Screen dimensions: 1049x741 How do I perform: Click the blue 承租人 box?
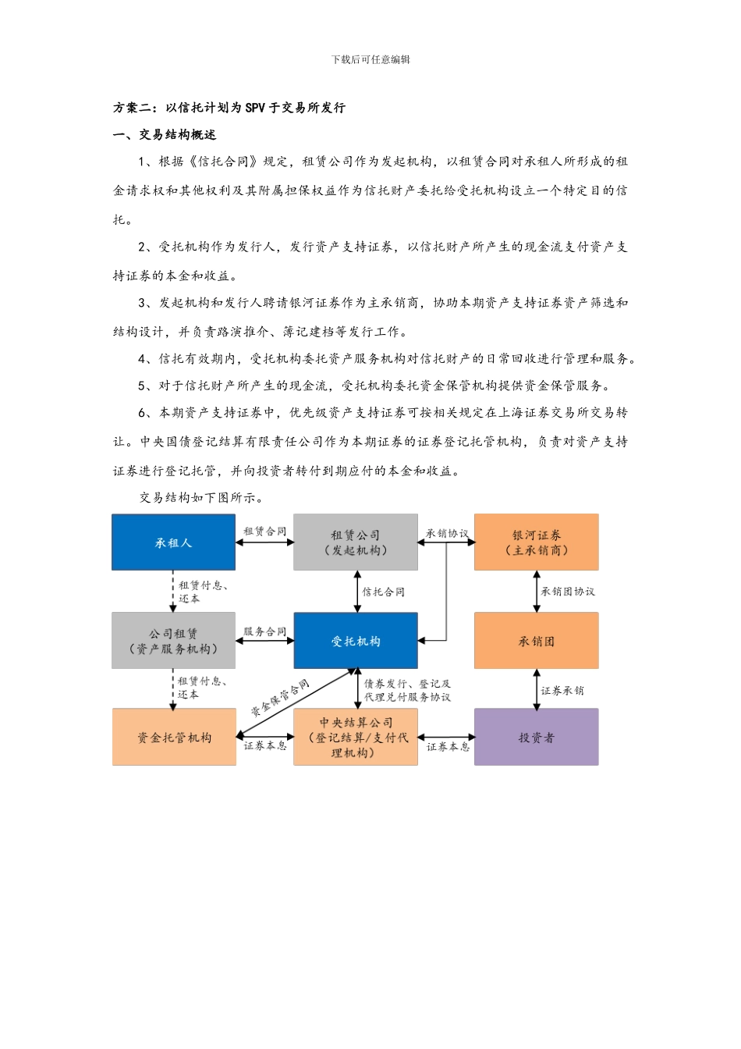click(173, 542)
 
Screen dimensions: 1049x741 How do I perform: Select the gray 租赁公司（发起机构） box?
click(355, 542)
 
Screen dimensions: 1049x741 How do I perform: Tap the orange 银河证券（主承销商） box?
click(536, 542)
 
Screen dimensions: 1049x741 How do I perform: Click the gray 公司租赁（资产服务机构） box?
click(173, 641)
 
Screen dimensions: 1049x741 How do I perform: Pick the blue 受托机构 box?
click(355, 641)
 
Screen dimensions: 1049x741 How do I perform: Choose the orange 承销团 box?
click(536, 641)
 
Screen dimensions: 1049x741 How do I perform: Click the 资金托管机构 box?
click(173, 738)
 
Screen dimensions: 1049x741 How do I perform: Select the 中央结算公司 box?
click(355, 738)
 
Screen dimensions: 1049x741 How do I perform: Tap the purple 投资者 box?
click(536, 738)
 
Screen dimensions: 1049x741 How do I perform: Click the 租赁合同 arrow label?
click(264, 532)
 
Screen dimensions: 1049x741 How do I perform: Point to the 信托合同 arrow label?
click(384, 592)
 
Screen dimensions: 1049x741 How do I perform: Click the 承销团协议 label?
click(568, 592)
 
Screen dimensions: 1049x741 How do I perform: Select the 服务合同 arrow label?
click(264, 631)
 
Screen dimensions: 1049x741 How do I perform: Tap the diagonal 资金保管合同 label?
click(279, 698)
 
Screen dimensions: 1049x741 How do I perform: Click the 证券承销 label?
click(562, 690)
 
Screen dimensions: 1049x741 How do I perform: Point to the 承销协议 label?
click(447, 534)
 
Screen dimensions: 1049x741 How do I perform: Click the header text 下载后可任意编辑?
click(370, 59)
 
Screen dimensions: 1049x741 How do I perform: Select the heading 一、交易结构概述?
click(165, 135)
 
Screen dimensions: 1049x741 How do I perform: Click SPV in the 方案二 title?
click(255, 108)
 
